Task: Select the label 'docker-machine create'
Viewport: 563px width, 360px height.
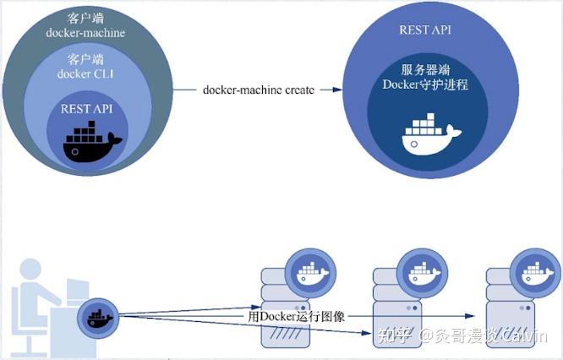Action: click(259, 90)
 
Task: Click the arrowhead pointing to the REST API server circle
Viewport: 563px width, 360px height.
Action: click(337, 90)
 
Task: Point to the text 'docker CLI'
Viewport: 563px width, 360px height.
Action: click(85, 74)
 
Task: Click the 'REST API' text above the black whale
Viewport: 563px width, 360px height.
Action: click(86, 109)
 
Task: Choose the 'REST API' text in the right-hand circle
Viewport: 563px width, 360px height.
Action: click(425, 30)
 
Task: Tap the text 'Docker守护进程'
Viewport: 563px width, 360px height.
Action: click(425, 85)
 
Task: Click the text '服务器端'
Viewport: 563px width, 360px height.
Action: click(425, 69)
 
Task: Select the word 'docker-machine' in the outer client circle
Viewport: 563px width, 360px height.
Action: click(85, 33)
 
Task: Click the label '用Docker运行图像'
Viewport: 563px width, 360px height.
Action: click(296, 316)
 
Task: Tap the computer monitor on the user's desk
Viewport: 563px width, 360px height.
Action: click(78, 291)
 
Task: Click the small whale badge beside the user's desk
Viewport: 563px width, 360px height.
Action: click(98, 319)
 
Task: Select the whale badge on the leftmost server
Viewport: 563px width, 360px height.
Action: click(310, 273)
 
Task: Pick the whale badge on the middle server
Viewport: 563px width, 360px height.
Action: click(423, 273)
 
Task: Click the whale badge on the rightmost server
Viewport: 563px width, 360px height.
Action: click(535, 273)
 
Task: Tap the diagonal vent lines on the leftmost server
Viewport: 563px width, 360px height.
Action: click(286, 334)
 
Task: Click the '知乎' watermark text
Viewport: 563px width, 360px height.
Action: click(395, 336)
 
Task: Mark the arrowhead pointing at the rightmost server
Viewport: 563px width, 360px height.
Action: click(470, 316)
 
